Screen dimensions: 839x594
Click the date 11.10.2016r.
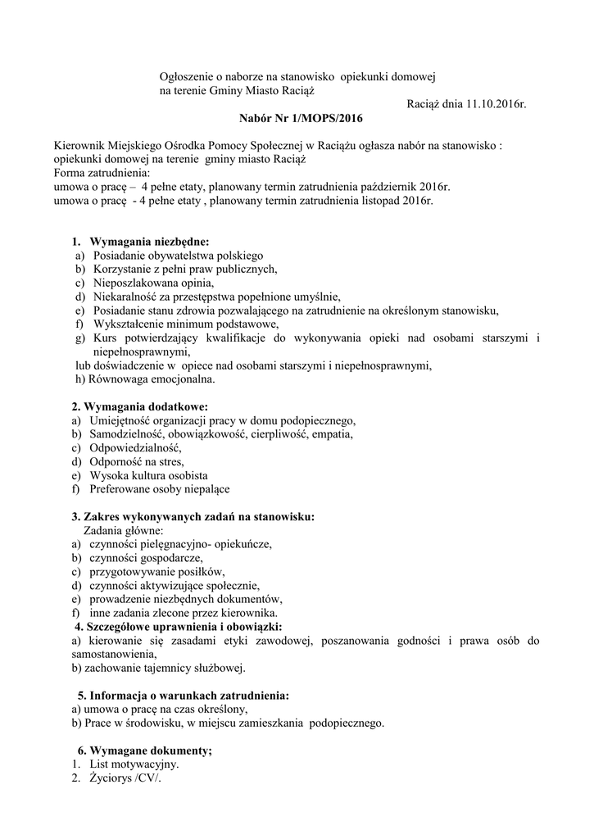(493, 104)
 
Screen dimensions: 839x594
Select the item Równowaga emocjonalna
(145, 379)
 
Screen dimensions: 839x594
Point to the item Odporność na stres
(138, 461)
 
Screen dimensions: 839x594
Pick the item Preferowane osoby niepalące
(161, 489)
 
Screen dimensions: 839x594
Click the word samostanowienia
(111, 655)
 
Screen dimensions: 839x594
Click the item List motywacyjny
(134, 764)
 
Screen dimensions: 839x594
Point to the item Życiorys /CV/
(126, 778)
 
